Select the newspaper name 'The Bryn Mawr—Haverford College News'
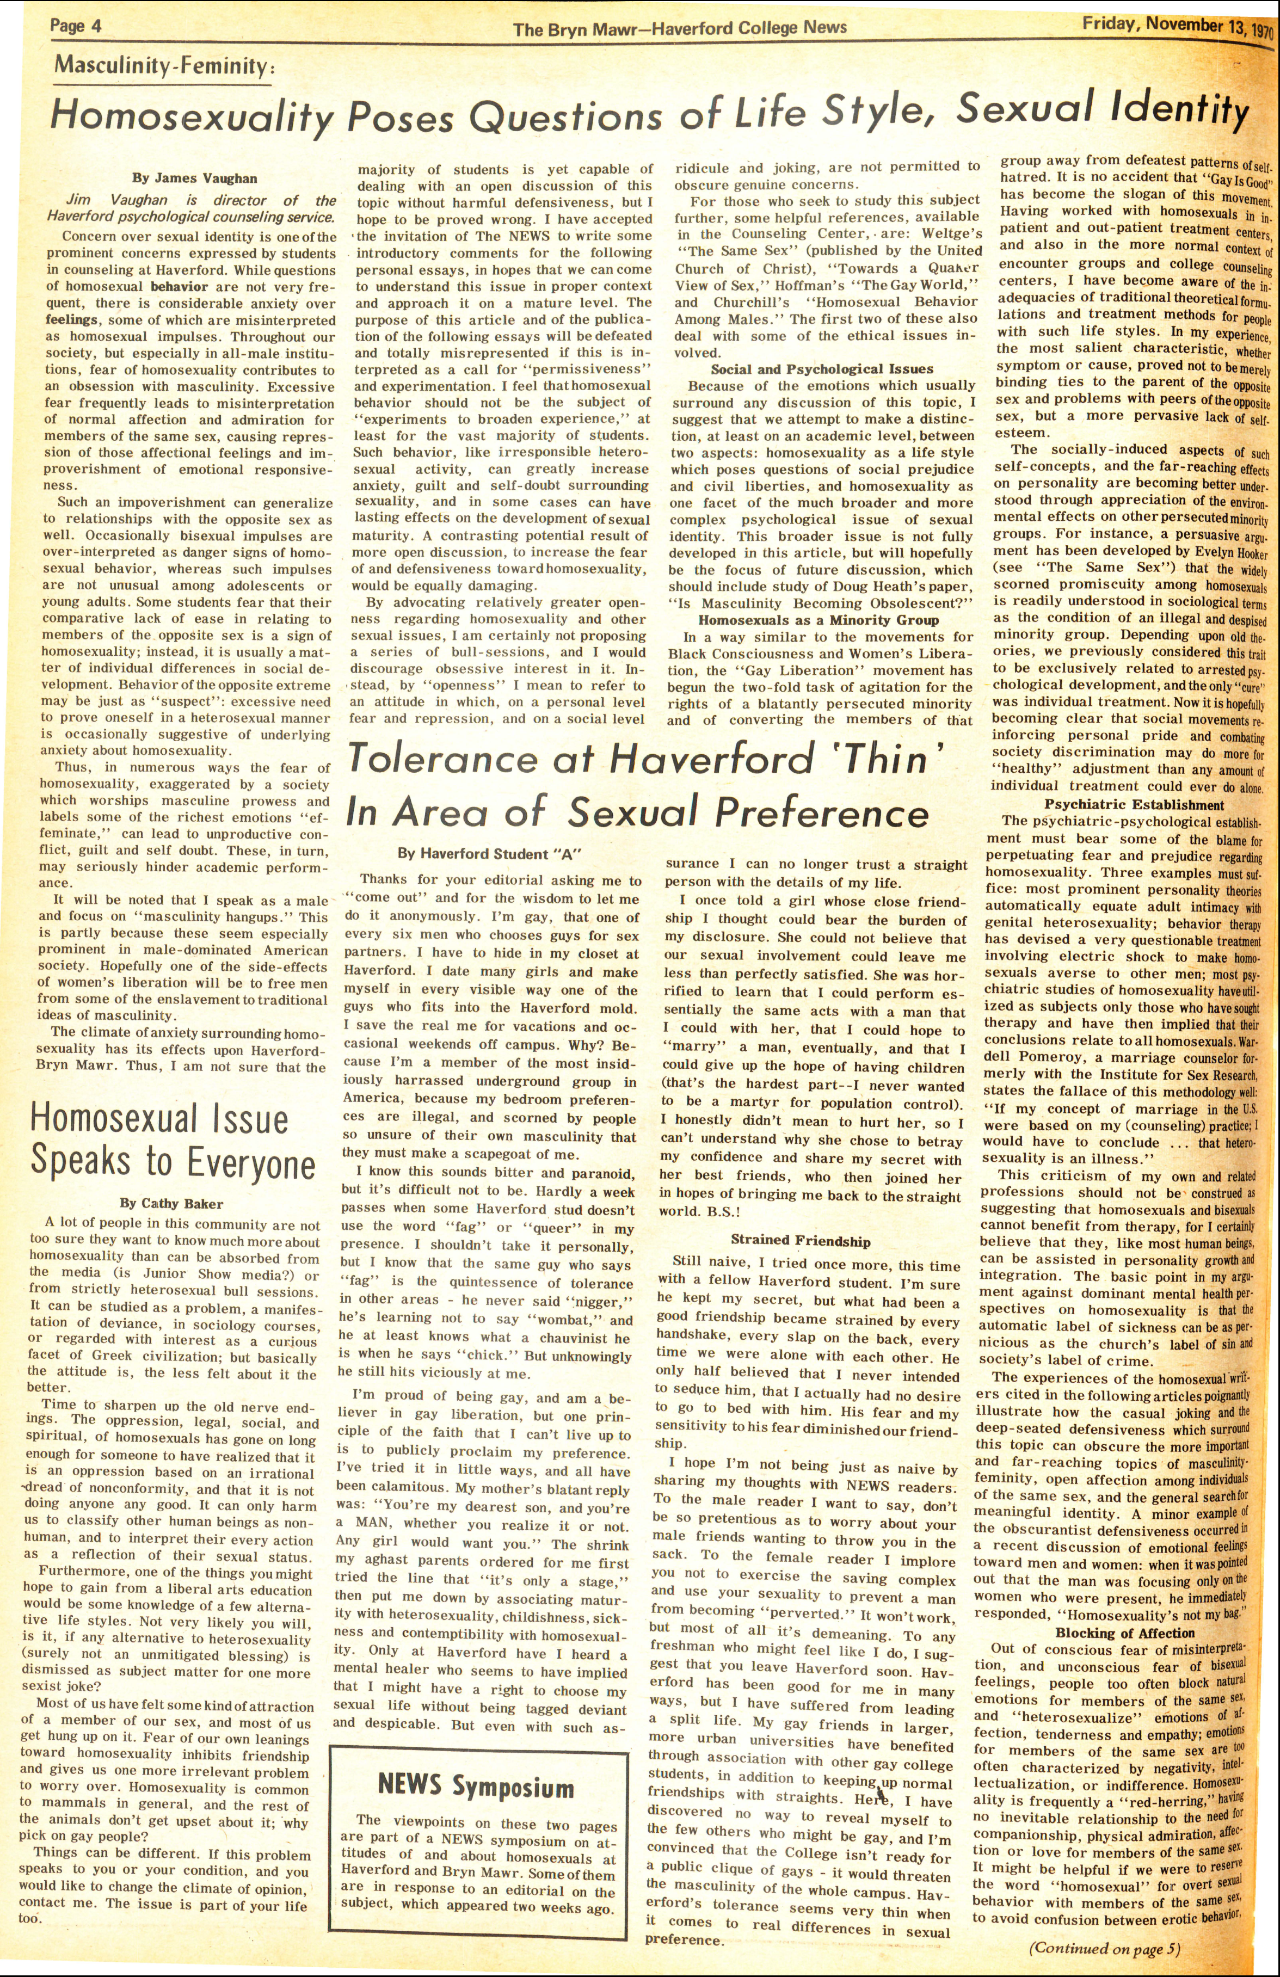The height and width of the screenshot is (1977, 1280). (679, 28)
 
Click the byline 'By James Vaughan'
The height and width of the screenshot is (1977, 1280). (194, 178)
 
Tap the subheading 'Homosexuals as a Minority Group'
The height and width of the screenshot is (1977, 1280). (818, 620)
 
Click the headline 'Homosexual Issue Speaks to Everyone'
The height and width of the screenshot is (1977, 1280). (172, 1141)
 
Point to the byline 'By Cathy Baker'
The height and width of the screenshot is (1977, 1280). (171, 1203)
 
